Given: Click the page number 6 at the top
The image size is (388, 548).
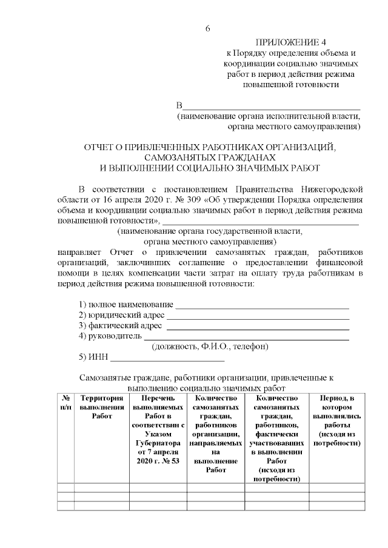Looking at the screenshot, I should click(207, 29).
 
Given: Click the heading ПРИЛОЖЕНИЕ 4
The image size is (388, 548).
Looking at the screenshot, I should click(290, 42).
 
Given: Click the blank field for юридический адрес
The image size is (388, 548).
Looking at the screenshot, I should click(258, 315).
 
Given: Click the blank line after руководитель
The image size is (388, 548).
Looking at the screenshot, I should click(246, 336).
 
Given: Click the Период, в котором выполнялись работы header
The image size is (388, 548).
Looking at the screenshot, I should click(336, 421).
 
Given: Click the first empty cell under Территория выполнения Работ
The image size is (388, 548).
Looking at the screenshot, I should click(102, 487).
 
